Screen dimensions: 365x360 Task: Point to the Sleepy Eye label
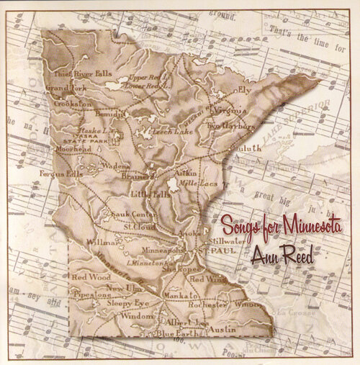(120, 305)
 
